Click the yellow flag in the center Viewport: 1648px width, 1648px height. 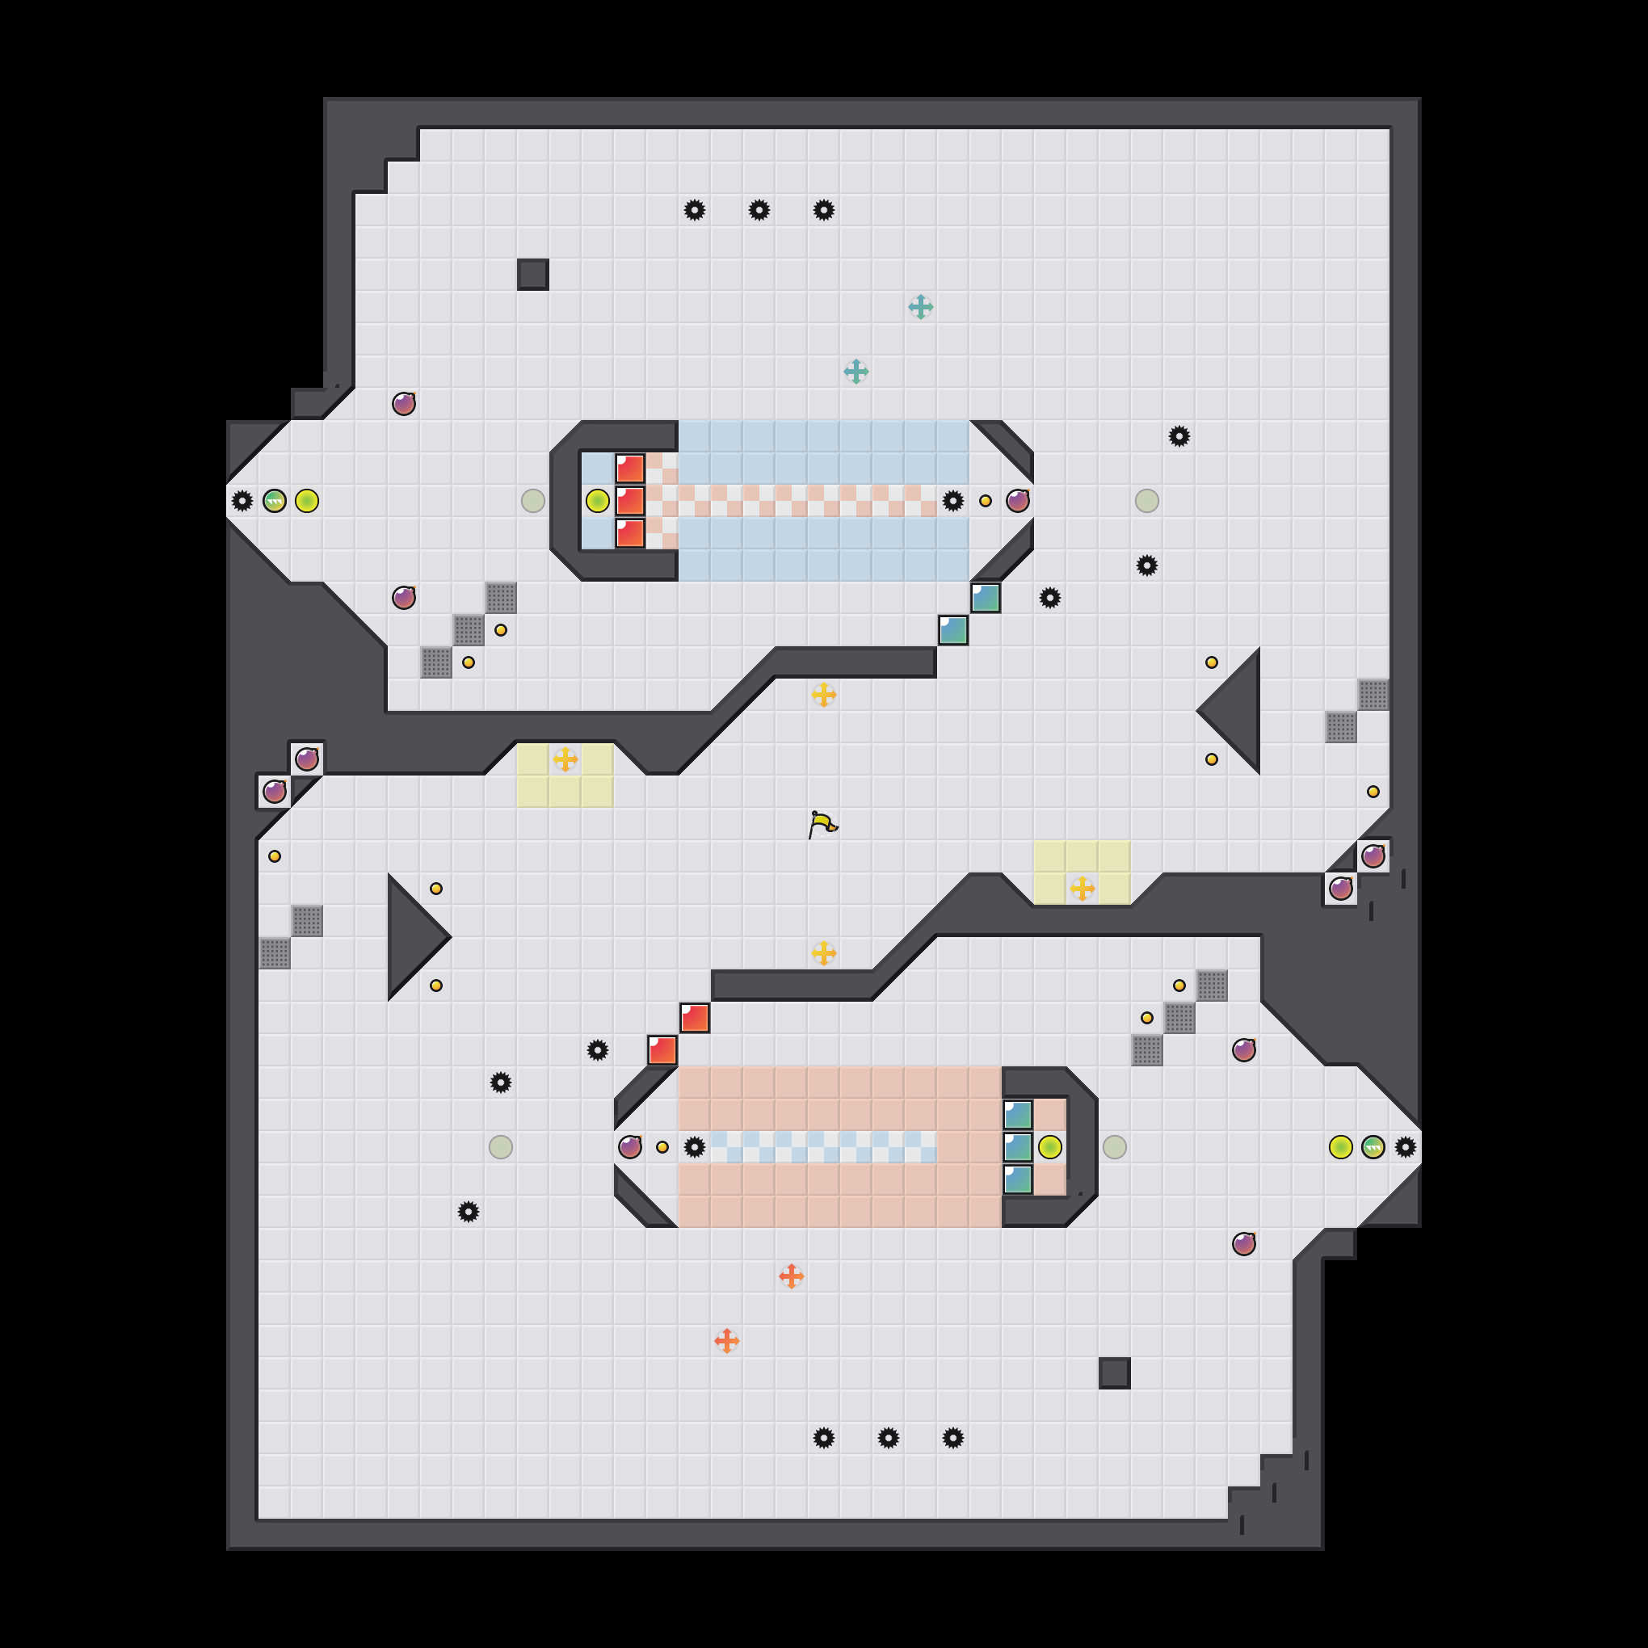click(x=822, y=824)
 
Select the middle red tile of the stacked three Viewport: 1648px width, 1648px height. click(x=630, y=501)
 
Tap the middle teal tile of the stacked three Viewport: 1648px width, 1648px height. click(x=1018, y=1147)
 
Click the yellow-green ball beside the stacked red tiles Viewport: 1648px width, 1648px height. click(x=597, y=501)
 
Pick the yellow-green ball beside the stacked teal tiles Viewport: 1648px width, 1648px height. click(x=1050, y=1147)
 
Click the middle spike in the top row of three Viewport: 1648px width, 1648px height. click(x=759, y=210)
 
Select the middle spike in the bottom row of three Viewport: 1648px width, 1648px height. click(x=888, y=1438)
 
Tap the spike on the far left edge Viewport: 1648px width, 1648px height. click(x=242, y=501)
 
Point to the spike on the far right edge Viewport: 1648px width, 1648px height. click(x=1406, y=1147)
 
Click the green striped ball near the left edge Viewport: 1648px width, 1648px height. click(x=275, y=501)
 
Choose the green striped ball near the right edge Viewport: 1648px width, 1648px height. click(x=1373, y=1147)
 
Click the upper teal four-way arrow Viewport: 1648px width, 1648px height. click(x=920, y=307)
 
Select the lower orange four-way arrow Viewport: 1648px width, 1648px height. click(x=727, y=1341)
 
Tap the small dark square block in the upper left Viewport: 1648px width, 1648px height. click(x=532, y=275)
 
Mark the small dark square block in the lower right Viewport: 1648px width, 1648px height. click(x=1114, y=1373)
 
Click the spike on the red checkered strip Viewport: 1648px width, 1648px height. click(x=952, y=501)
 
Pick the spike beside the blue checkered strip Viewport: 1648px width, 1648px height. click(x=695, y=1147)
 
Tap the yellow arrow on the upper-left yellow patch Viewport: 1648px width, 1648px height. click(x=565, y=759)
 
